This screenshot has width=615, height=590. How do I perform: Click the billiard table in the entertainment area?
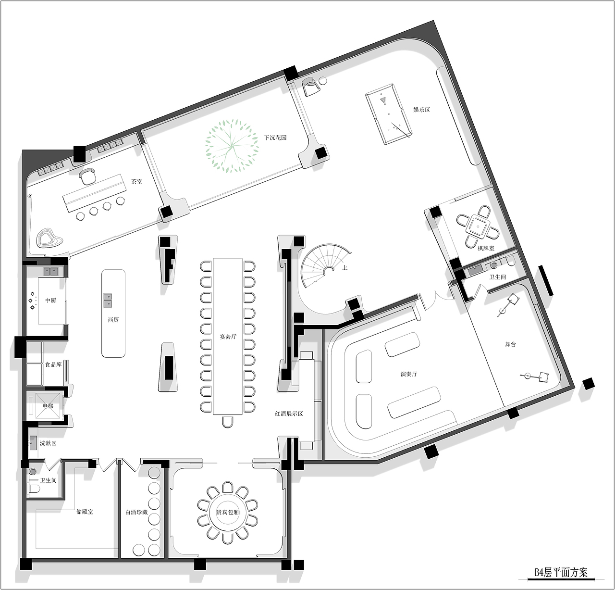(x=389, y=114)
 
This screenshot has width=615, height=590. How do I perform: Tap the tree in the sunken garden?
(x=232, y=146)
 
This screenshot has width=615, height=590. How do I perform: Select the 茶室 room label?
(x=136, y=182)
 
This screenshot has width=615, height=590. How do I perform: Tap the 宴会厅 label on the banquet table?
(x=228, y=337)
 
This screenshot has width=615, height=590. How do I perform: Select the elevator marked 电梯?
(x=48, y=405)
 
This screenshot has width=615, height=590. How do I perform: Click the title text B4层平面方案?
(x=561, y=573)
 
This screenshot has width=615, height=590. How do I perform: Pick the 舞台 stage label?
(x=510, y=344)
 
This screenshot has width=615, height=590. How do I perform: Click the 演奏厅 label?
(x=408, y=374)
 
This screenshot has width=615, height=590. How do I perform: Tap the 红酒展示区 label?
(x=289, y=414)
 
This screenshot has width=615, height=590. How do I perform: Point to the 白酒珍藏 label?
(x=136, y=512)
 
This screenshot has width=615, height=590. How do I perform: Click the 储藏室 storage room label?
(x=85, y=512)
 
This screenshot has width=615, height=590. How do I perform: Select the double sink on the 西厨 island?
(x=108, y=301)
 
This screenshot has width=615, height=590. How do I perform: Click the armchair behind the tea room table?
(x=87, y=176)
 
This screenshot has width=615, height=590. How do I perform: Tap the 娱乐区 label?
(x=421, y=110)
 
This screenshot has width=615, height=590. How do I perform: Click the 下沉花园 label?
(x=275, y=138)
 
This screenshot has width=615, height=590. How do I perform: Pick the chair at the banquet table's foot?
(x=228, y=422)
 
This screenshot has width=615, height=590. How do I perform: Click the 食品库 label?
(x=53, y=364)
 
